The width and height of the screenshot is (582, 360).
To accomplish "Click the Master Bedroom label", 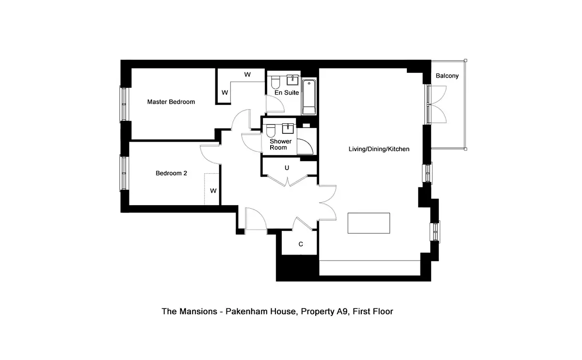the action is point(171,101).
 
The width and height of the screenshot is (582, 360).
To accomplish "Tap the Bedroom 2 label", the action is point(171,173).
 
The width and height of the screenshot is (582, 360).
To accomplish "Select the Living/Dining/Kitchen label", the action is point(379,149).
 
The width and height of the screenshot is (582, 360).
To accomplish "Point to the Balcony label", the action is point(447,76).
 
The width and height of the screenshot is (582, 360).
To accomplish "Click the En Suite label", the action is point(287,93).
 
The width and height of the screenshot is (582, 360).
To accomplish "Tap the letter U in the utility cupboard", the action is point(287,168).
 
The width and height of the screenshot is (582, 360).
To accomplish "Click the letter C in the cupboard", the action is point(301,244).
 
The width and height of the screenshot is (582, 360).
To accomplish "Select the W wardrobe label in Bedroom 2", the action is point(213,191).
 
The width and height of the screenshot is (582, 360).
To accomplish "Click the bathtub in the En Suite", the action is point(309,97).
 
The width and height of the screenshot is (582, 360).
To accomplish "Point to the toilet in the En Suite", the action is point(275,82).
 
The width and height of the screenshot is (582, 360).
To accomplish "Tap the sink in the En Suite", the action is point(292,80).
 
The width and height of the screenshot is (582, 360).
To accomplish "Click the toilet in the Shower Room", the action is point(271,131).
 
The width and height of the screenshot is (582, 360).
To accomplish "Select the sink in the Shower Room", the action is point(288,129).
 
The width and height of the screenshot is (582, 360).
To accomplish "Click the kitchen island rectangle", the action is point(369,223).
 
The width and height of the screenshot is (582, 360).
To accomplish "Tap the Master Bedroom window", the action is point(124,104).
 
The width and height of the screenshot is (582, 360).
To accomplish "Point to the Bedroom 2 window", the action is point(124,173).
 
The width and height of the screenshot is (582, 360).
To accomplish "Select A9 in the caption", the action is point(342,311).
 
